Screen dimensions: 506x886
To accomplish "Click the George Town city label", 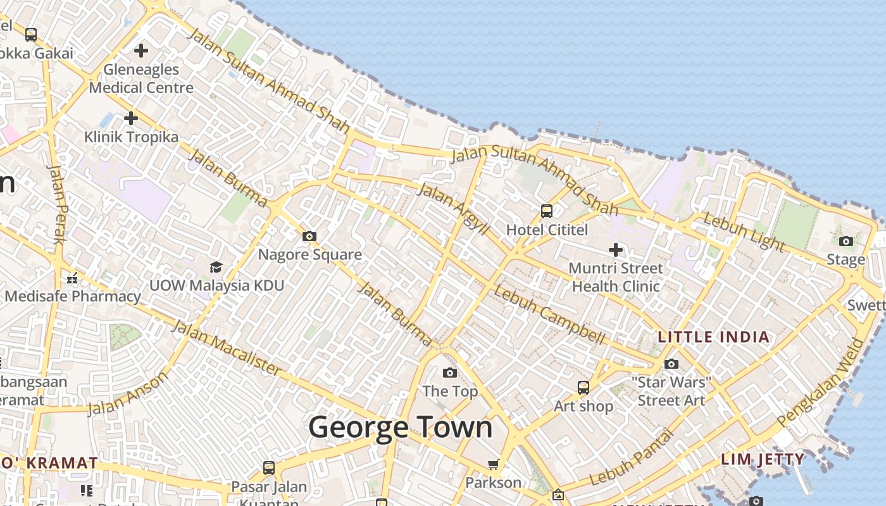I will [400, 427].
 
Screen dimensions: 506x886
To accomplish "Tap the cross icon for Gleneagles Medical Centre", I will [141, 50].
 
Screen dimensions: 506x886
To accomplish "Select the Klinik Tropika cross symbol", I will [131, 118].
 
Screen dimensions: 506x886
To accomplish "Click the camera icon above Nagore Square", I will [309, 236].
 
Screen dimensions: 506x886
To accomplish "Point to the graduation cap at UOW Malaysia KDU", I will [216, 267].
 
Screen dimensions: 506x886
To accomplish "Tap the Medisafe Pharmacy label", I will [73, 296].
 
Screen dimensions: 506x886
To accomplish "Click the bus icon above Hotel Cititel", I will [547, 211].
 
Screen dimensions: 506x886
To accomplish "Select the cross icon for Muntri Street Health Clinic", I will [615, 250].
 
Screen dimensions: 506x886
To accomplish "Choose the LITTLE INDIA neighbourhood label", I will [714, 336].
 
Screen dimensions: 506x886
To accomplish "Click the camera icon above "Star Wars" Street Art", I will [671, 364].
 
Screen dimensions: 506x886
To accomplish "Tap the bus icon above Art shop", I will [583, 387].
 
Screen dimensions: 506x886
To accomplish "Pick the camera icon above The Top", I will [450, 373].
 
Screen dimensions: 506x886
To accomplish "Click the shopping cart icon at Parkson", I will [494, 465].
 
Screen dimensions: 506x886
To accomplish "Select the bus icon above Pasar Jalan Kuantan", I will [269, 468].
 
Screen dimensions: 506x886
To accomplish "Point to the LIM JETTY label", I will [763, 459].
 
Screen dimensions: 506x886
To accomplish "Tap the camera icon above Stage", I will [846, 241].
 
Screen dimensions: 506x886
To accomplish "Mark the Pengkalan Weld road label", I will [821, 382].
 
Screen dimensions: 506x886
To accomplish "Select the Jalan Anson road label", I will [128, 393].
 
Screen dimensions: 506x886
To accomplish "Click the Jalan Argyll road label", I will [454, 209].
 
